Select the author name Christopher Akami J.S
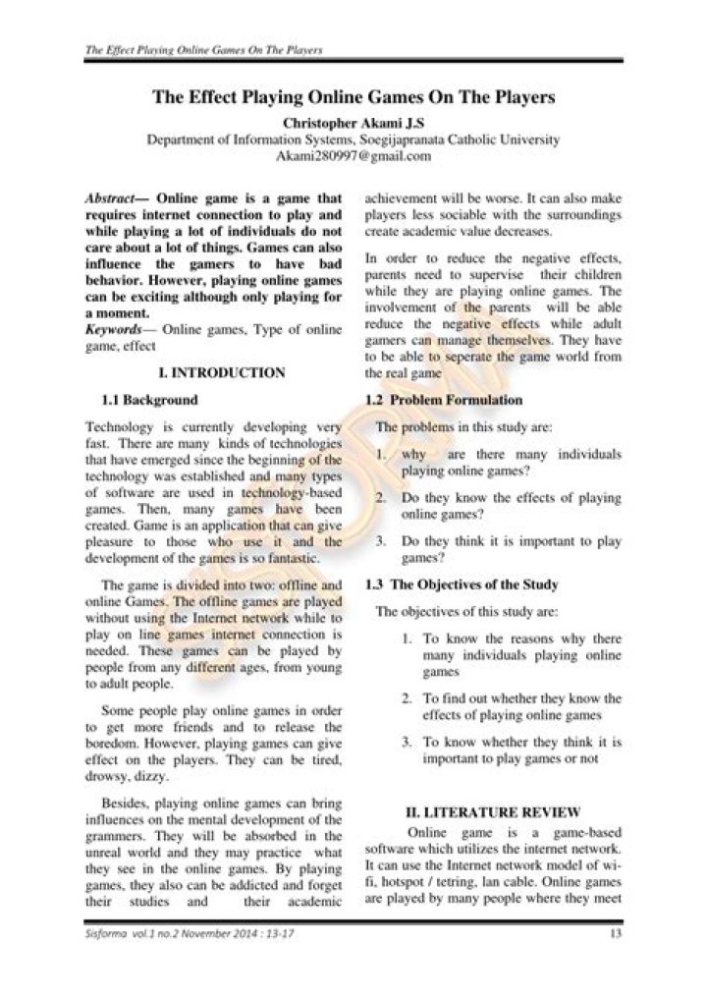coord(353,124)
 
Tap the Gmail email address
coord(353,156)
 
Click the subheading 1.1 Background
coord(149,401)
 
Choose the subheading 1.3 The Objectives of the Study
coord(462,584)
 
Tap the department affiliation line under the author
coord(353,140)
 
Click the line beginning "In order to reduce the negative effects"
coord(493,258)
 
